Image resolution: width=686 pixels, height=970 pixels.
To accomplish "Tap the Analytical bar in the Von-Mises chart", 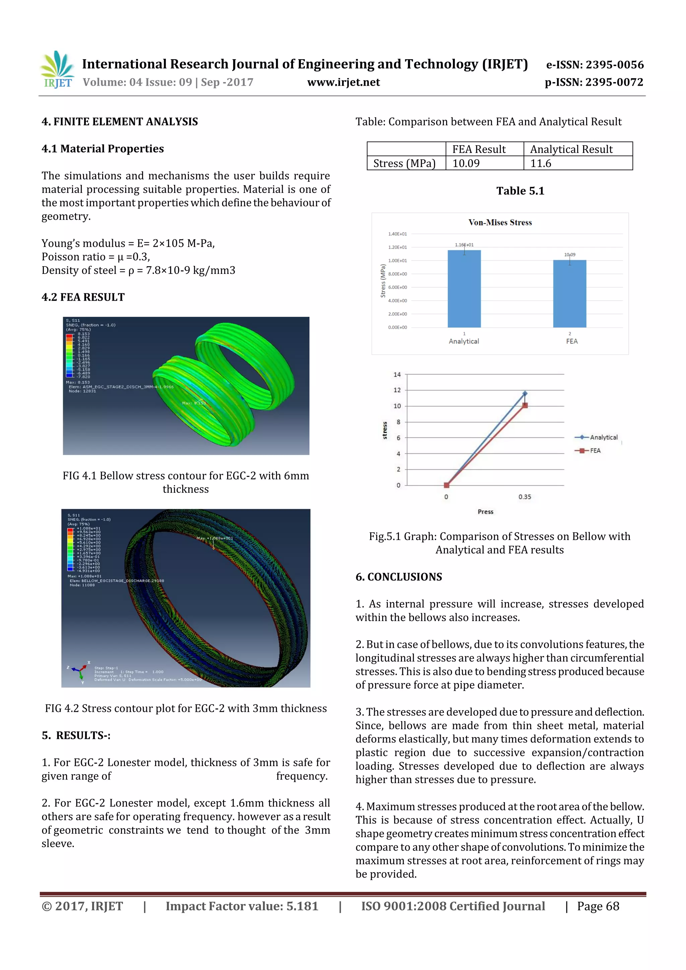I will tap(464, 289).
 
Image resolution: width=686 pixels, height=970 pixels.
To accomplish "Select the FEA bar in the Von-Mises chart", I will tap(569, 294).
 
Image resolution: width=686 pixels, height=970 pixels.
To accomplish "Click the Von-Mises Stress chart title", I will tap(500, 223).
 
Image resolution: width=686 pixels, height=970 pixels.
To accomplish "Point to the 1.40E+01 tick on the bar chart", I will tap(397, 234).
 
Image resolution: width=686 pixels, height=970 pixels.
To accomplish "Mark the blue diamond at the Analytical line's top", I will tap(525, 393).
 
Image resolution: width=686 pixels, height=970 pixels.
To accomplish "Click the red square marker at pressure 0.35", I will tap(525, 405).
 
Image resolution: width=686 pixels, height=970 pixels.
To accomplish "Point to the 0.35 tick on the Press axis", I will tap(525, 497).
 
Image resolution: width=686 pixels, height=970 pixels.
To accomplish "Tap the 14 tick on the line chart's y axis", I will tap(397, 375).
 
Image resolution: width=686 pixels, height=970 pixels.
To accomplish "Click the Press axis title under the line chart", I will tap(485, 512).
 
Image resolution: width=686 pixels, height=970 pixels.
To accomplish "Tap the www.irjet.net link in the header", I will tap(343, 82).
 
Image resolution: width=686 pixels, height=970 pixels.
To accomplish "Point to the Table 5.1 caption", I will tap(520, 191).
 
